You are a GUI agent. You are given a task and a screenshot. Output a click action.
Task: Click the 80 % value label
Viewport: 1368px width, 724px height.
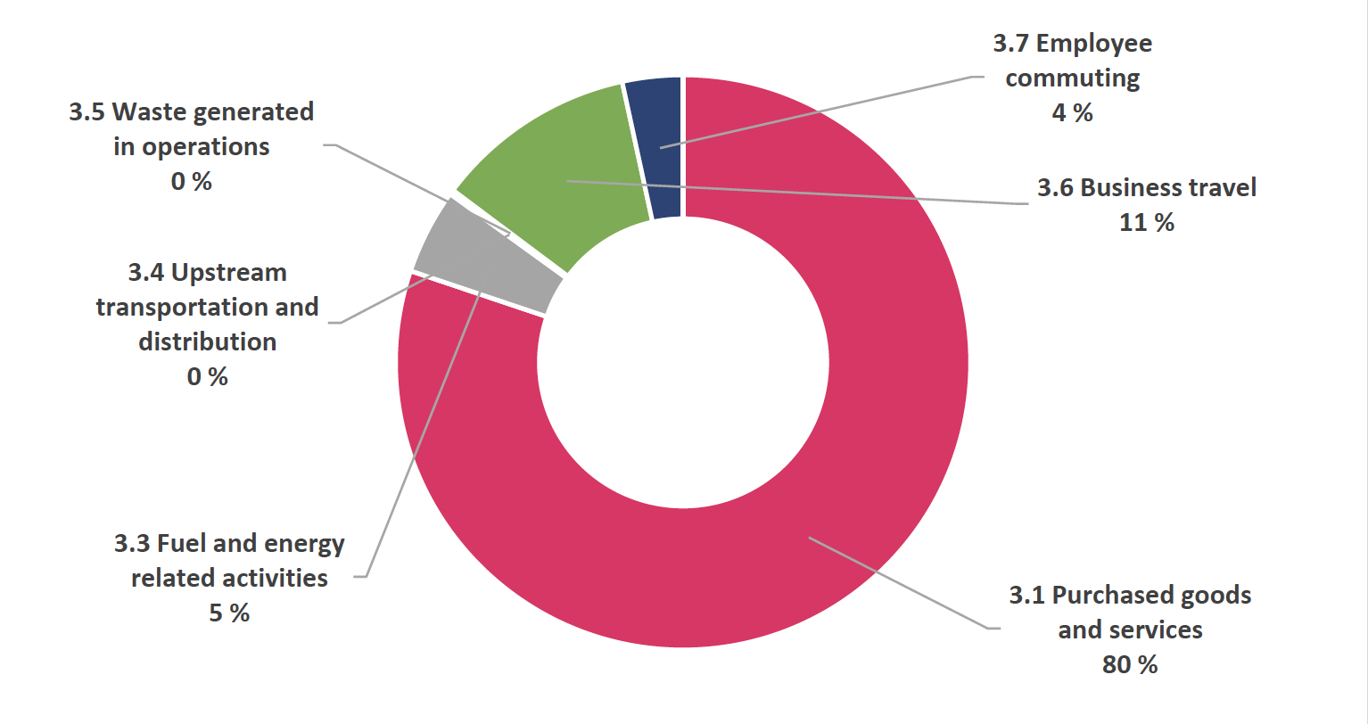[x=1130, y=665]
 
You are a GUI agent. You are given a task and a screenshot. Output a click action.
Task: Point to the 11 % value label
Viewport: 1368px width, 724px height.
[x=1147, y=223]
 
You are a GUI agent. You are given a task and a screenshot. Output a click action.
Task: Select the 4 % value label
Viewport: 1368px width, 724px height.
[x=1072, y=113]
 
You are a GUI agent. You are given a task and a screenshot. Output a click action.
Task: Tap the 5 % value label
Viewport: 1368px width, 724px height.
[x=229, y=613]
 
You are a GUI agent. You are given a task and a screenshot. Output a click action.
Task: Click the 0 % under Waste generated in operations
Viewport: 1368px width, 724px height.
[x=191, y=182]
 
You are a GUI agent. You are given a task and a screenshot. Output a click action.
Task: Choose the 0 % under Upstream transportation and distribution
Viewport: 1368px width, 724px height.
[x=207, y=377]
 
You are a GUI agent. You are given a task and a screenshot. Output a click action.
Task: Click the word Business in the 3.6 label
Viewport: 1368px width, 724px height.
[x=1120, y=188]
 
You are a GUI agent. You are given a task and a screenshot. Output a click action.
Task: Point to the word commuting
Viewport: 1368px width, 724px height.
[x=1072, y=78]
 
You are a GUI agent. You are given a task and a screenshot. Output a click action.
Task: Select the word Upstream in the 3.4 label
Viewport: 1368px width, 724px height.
[x=228, y=273]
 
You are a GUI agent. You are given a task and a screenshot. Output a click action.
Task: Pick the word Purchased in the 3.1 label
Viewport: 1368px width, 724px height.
[x=1106, y=596]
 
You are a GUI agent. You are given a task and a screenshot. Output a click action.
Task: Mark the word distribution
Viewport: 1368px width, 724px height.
[x=207, y=342]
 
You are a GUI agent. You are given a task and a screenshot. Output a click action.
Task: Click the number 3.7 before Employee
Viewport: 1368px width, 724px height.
[x=1011, y=44]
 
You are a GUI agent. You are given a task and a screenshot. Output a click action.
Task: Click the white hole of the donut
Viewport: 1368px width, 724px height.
[x=683, y=362]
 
